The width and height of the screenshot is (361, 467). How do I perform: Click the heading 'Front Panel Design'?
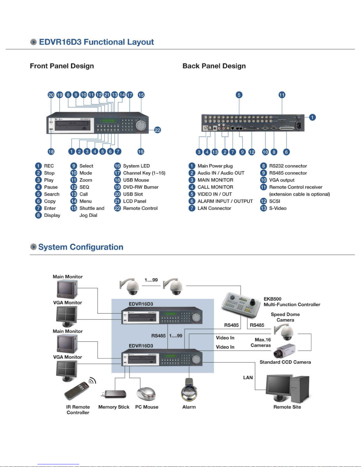click(62, 66)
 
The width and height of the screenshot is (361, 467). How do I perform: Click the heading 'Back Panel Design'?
click(214, 66)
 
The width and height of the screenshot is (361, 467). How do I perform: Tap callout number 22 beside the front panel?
click(158, 130)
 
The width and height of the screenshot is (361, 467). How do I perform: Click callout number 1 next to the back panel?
click(312, 117)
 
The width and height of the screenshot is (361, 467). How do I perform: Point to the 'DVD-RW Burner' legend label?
click(141, 187)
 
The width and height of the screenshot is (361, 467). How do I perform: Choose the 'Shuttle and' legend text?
click(92, 208)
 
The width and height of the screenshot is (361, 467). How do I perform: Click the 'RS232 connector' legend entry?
click(288, 166)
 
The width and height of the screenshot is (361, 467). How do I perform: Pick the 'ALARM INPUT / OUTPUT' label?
click(225, 201)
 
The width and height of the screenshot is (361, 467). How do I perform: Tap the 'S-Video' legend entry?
click(278, 208)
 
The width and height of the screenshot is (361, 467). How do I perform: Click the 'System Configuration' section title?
click(81, 247)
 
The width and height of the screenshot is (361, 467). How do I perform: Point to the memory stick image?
click(114, 394)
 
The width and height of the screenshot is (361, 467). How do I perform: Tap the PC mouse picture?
click(146, 393)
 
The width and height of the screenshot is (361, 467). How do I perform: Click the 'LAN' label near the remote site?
click(248, 377)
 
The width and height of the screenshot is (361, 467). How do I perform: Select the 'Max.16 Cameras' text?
click(261, 342)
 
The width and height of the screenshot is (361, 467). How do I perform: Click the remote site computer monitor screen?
click(278, 386)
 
